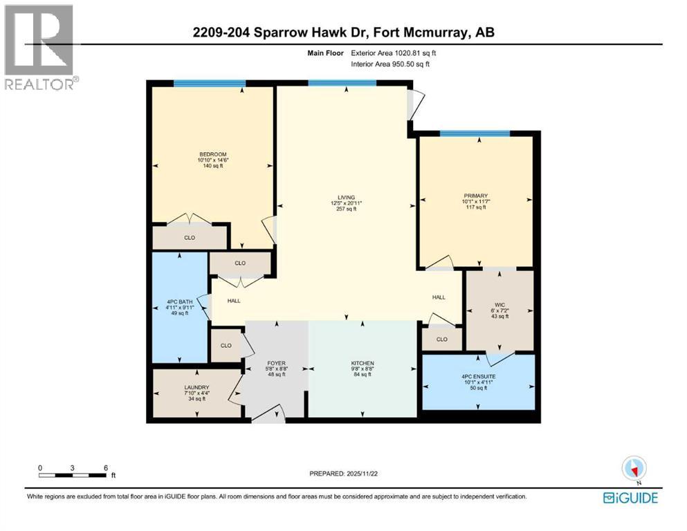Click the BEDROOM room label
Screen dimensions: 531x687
point(212,154)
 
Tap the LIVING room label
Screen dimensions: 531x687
point(342,198)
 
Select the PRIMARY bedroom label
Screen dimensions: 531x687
point(475,196)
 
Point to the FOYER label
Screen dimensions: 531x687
point(277,364)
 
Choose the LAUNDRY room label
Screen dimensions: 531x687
point(197,388)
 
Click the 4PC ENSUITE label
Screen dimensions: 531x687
point(479,377)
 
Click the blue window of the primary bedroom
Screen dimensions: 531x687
point(475,133)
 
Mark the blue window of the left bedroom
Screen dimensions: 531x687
point(209,84)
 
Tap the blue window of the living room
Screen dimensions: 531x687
point(342,83)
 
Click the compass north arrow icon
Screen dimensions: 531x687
point(634,468)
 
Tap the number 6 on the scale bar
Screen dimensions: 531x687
point(105,467)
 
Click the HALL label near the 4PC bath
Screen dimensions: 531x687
point(234,301)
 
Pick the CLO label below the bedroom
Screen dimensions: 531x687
point(190,238)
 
